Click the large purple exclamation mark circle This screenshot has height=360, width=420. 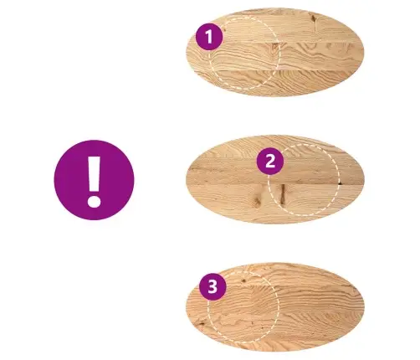coord(94,180)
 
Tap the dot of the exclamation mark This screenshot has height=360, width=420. coord(94,201)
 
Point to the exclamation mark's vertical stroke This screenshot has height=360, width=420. coord(95,173)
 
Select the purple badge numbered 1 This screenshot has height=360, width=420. coord(209,37)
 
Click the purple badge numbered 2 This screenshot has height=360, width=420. coord(270,162)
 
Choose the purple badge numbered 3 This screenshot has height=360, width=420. coord(213,286)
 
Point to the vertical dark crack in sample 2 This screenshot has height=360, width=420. coord(283,193)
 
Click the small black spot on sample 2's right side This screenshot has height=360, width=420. coord(340,183)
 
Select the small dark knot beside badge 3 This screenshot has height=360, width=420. coord(243,280)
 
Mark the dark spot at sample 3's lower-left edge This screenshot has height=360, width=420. coord(202,324)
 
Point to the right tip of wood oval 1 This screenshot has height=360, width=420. coord(364,53)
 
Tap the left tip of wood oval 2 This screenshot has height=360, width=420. coord(186,179)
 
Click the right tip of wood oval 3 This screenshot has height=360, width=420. coord(364,306)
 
